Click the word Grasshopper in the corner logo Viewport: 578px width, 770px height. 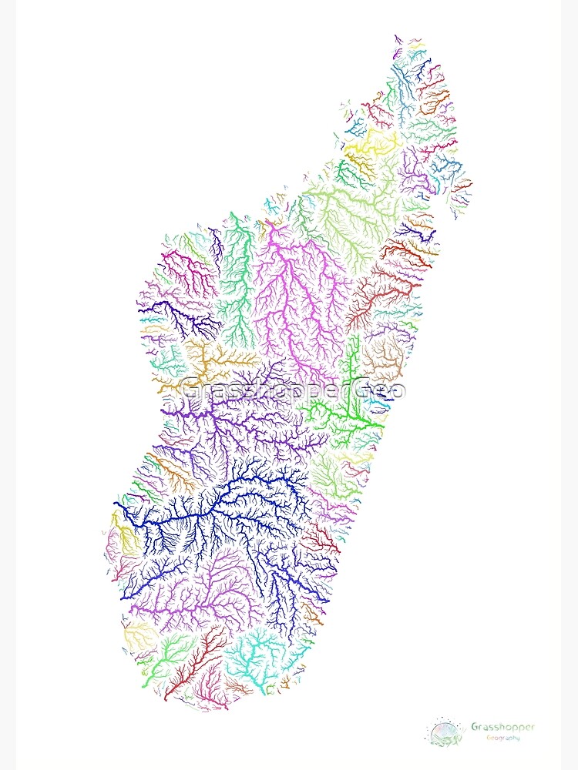click(502, 727)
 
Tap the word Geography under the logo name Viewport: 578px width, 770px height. click(502, 738)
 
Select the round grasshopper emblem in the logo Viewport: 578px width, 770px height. click(446, 731)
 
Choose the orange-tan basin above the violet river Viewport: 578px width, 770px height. click(216, 358)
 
